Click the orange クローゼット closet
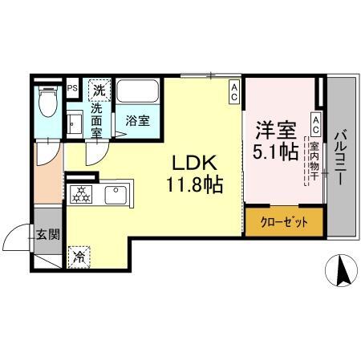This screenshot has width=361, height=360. click(284, 220)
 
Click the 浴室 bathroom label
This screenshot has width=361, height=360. click(137, 122)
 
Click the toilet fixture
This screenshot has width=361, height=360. click(47, 102)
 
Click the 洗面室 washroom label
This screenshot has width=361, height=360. click(97, 120)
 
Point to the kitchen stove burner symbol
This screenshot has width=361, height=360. click(82, 194)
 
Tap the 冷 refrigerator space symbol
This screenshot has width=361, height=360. click(79, 257)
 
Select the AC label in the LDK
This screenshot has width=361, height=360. click(233, 92)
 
